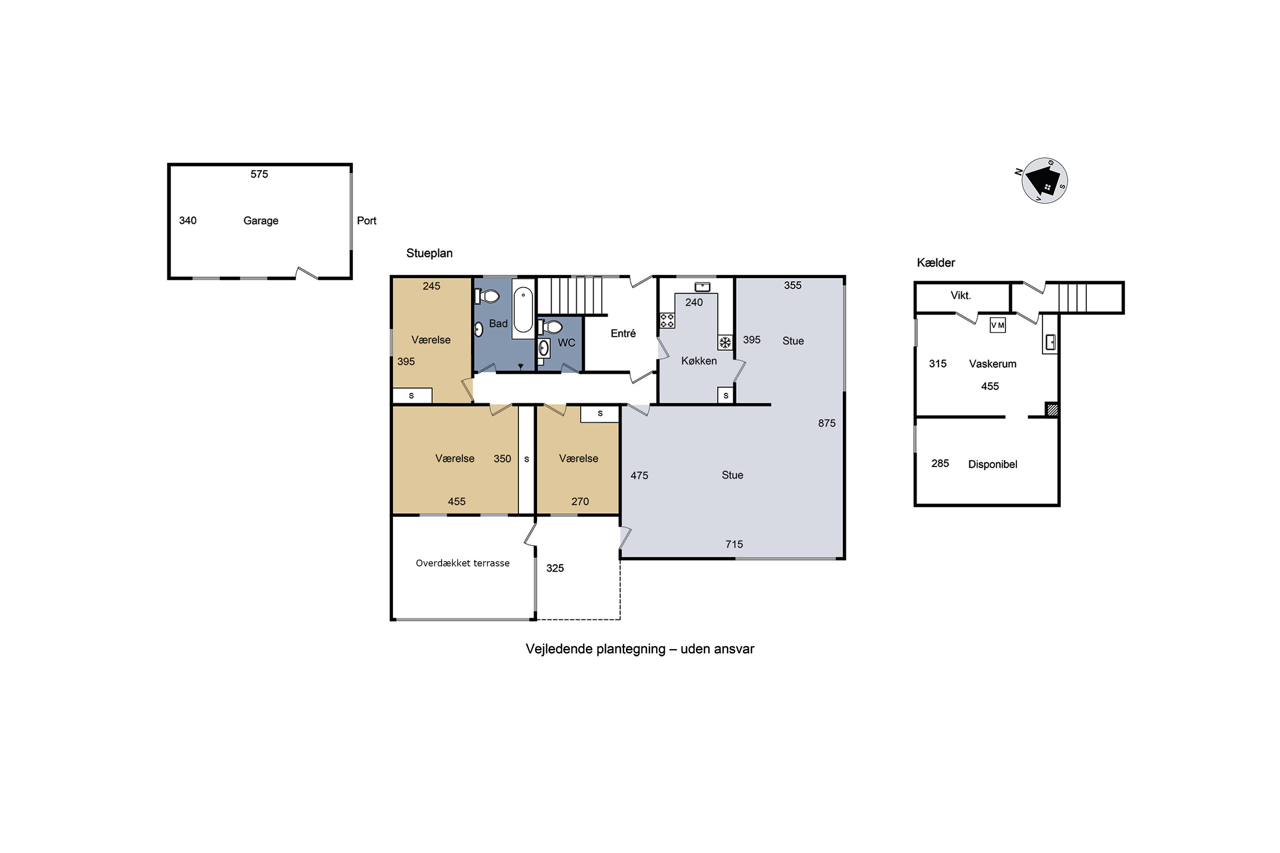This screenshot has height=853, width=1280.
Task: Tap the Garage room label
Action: tap(261, 221)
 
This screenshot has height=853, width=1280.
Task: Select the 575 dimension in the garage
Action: tap(259, 174)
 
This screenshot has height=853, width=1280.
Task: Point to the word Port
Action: tap(366, 221)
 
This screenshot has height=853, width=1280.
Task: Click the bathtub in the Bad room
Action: tap(523, 309)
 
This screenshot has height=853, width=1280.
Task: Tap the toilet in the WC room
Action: tap(550, 327)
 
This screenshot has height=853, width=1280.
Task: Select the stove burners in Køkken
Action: tap(667, 320)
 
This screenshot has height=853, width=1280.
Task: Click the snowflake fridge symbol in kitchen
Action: tap(725, 342)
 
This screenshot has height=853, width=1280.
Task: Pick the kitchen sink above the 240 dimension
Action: tap(702, 287)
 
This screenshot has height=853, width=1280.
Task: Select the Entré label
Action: tap(623, 334)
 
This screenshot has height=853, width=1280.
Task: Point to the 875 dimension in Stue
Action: tap(827, 423)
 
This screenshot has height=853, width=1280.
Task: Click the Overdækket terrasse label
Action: tap(463, 563)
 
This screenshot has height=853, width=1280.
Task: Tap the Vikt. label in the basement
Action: tap(960, 296)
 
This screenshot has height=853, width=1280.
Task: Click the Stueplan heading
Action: tap(429, 253)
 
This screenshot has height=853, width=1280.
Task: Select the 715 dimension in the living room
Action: tap(734, 544)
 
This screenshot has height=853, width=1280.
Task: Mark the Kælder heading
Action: tap(936, 263)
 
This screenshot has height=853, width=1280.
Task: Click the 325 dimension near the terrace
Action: tap(555, 568)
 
